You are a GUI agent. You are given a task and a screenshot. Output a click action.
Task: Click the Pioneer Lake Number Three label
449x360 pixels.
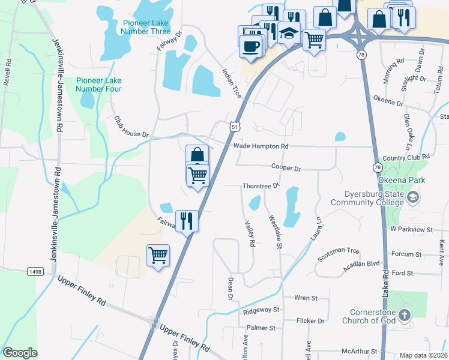click(147, 27)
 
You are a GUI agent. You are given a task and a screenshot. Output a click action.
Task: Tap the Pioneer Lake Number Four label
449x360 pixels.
click(98, 85)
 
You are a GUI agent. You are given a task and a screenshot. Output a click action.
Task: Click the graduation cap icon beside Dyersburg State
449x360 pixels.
click(412, 197)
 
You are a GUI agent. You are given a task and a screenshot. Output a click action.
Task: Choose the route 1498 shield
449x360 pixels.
click(35, 272)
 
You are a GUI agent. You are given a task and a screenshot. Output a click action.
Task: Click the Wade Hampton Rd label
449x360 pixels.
click(261, 146)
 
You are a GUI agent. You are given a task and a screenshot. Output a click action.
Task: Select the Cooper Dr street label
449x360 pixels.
click(286, 169)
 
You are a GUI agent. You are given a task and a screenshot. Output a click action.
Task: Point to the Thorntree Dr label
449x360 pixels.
click(261, 186)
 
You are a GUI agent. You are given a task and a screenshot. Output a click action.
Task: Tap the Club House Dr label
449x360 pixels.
click(131, 126)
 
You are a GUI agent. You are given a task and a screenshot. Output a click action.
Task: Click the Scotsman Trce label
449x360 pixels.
click(339, 254)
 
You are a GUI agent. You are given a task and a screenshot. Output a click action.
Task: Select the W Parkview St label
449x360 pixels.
click(411, 229)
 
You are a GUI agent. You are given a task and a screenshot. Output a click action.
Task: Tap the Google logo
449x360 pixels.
click(20, 353)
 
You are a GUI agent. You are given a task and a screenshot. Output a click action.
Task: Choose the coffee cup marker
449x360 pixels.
click(251, 45)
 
